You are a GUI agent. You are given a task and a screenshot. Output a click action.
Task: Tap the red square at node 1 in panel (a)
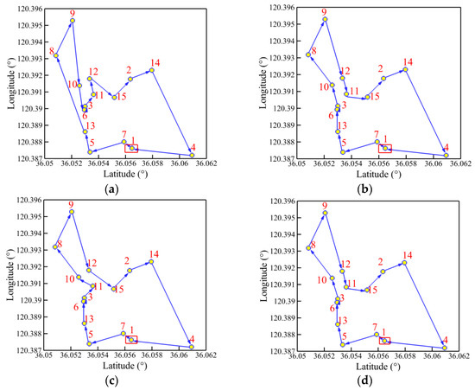131,148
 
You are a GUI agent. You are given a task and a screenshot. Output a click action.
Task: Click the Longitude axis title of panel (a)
8,84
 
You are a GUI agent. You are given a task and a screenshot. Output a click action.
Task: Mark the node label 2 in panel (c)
127,260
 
